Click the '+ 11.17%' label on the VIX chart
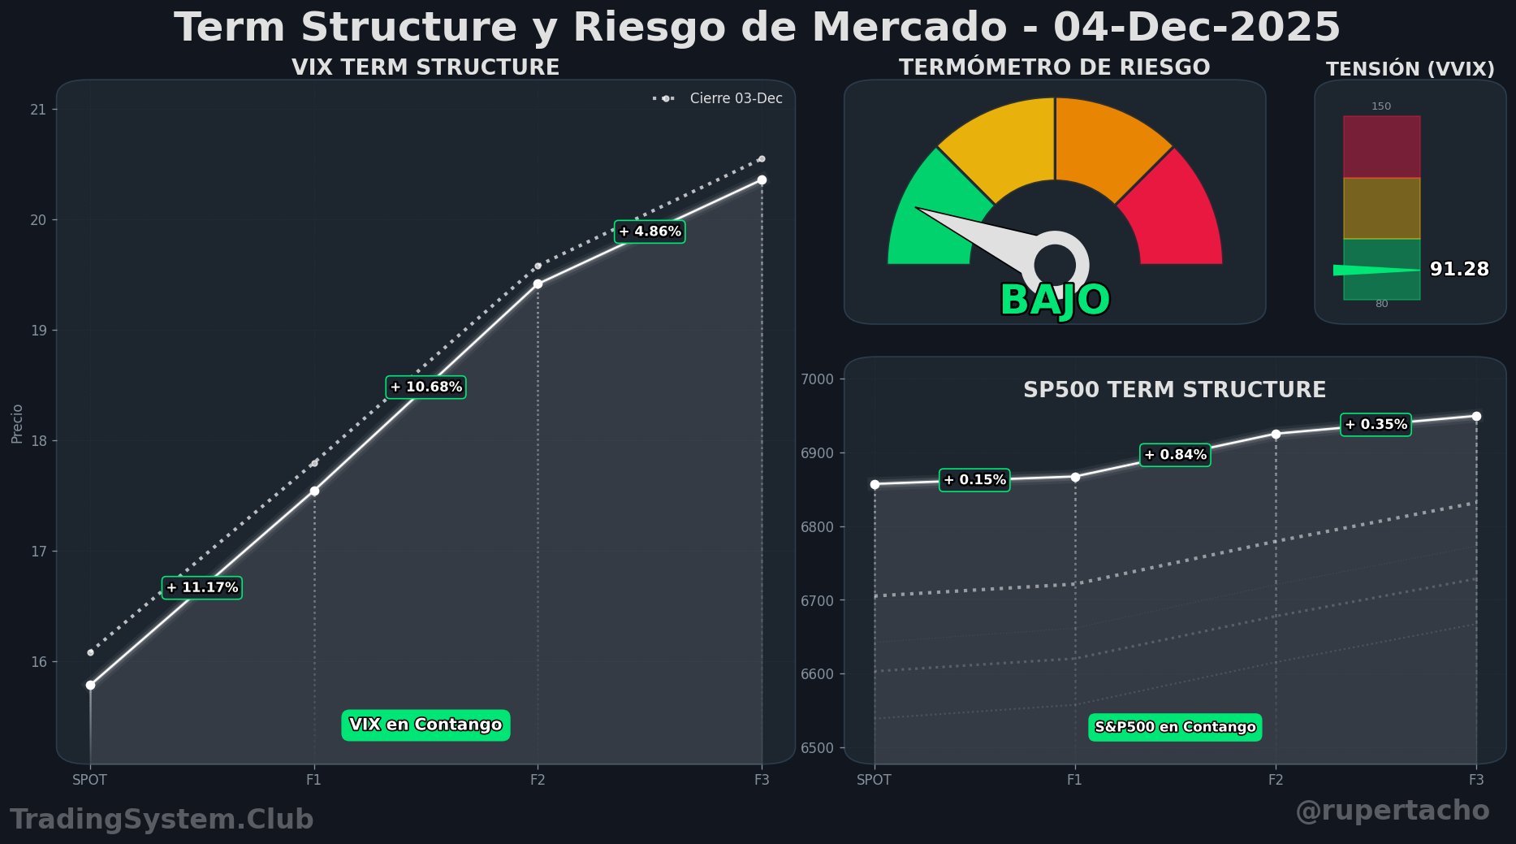[x=202, y=587]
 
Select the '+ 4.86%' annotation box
[x=650, y=232]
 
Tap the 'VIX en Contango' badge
[x=425, y=725]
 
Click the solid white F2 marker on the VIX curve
[x=538, y=283]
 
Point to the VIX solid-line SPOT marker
[x=90, y=685]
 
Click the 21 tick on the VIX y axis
[x=38, y=110]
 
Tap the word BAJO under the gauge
[x=1055, y=300]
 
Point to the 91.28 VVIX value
[x=1459, y=269]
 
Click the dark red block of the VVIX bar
[x=1381, y=146]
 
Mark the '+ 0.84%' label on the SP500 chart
[x=1175, y=455]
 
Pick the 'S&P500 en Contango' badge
[x=1175, y=727]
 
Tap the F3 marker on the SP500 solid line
[x=1476, y=416]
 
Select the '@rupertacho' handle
[x=1392, y=810]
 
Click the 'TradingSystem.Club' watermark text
[x=162, y=819]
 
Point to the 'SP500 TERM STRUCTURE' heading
[x=1174, y=390]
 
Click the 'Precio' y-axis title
[x=17, y=423]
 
